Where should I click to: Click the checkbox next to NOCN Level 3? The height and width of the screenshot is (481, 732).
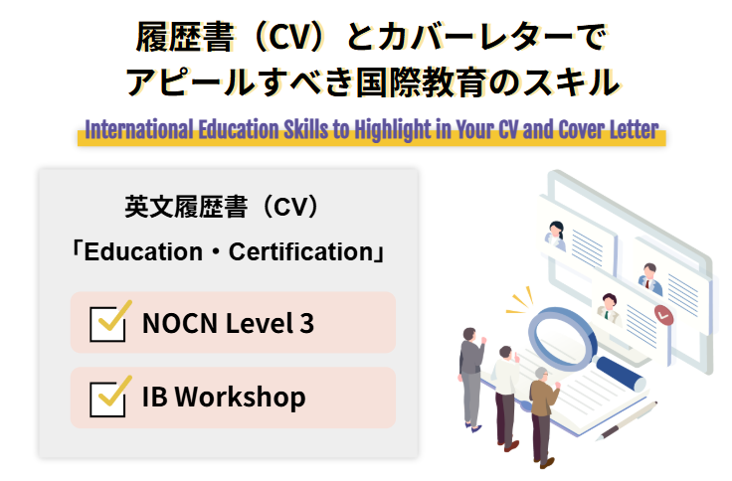(x=107, y=323)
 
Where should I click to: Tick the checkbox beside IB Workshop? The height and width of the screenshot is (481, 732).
(x=107, y=398)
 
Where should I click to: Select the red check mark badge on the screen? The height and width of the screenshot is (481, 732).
(x=663, y=316)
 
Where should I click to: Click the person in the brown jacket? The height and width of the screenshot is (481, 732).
(x=543, y=407)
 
